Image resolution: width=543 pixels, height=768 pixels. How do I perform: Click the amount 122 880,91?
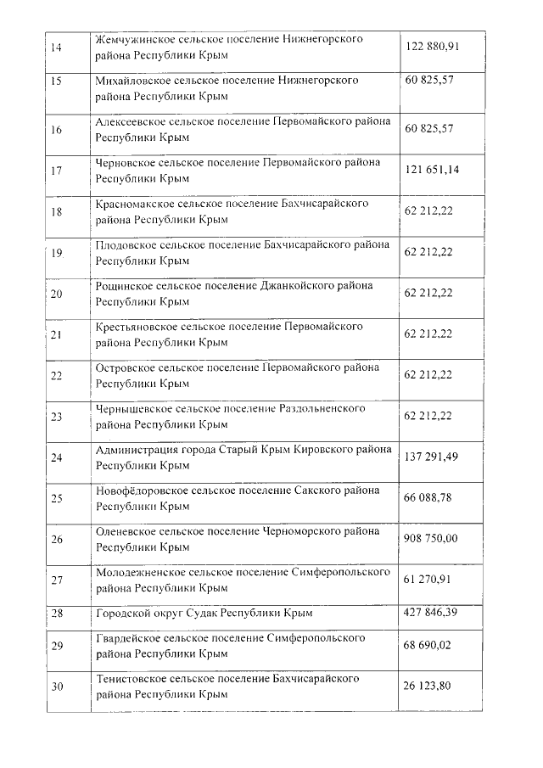pyautogui.click(x=432, y=46)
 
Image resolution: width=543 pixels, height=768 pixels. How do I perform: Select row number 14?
pyautogui.click(x=56, y=47)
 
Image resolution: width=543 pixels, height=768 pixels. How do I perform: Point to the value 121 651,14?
pyautogui.click(x=432, y=170)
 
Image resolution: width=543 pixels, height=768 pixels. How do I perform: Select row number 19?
pyautogui.click(x=57, y=253)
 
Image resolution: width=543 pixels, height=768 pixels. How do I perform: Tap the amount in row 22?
pyautogui.click(x=429, y=374)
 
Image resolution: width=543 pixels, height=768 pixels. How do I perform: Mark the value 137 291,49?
pyautogui.click(x=432, y=457)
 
